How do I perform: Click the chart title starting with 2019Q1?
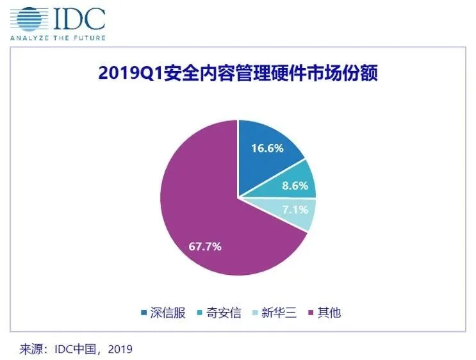pyautogui.click(x=238, y=74)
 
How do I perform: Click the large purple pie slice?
pyautogui.click(x=205, y=224)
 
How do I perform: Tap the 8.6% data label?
pyautogui.click(x=296, y=187)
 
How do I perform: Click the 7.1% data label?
pyautogui.click(x=296, y=209)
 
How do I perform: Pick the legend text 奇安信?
pyautogui.click(x=225, y=313)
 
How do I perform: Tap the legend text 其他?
pyautogui.click(x=329, y=313)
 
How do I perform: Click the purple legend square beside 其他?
pyautogui.click(x=313, y=313)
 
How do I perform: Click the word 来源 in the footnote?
pyautogui.click(x=32, y=350)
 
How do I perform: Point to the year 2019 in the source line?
pyautogui.click(x=120, y=350)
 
